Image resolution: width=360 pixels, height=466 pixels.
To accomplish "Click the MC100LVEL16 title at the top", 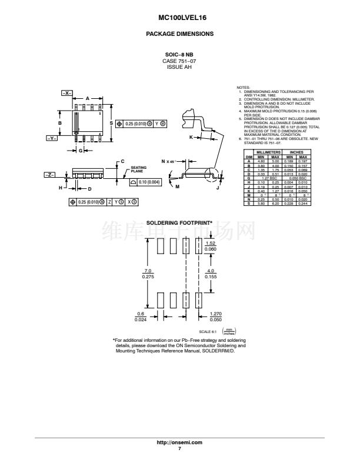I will (x=179, y=18).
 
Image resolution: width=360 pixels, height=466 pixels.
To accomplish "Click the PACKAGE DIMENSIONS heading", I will (x=179, y=34).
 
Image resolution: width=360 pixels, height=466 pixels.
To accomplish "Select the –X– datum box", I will (x=66, y=93).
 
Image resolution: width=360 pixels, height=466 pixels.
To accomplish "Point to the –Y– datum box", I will (x=51, y=138).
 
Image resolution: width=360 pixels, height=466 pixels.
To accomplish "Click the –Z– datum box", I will (x=51, y=175).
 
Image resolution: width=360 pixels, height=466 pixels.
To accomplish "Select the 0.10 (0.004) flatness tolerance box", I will (x=144, y=182).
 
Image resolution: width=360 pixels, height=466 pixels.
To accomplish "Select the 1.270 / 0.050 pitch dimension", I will (x=216, y=317).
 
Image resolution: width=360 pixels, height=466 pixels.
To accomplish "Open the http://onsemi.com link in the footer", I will (x=179, y=441).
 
